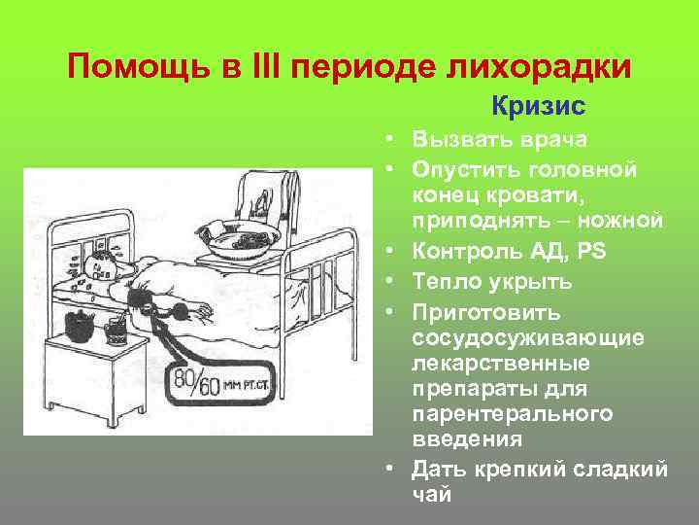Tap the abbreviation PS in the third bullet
(590, 252)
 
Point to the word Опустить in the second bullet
(460, 169)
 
